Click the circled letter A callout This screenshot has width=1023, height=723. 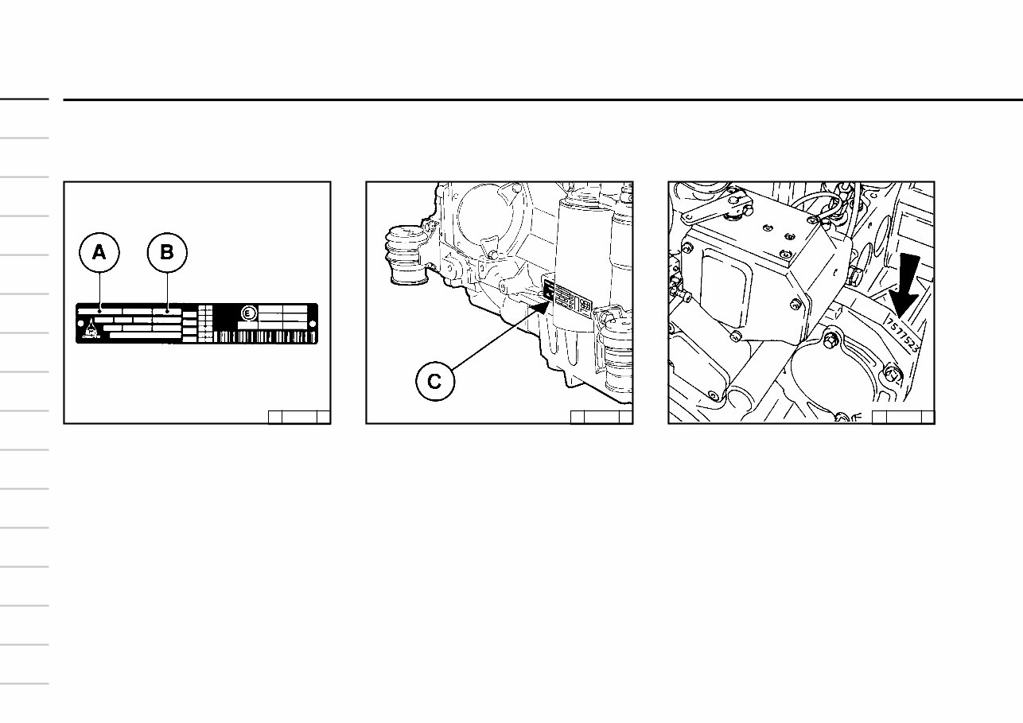coord(99,254)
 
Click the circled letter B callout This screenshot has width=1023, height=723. coord(167,254)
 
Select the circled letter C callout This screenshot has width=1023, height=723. coord(435,381)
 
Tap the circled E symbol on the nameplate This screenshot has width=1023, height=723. coord(248,315)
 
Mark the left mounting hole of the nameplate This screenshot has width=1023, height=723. coord(80,323)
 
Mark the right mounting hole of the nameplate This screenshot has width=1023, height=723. coord(311,323)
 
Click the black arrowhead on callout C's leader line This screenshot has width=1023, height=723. coord(541,301)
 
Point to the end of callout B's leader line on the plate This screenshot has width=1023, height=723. coord(167,311)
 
